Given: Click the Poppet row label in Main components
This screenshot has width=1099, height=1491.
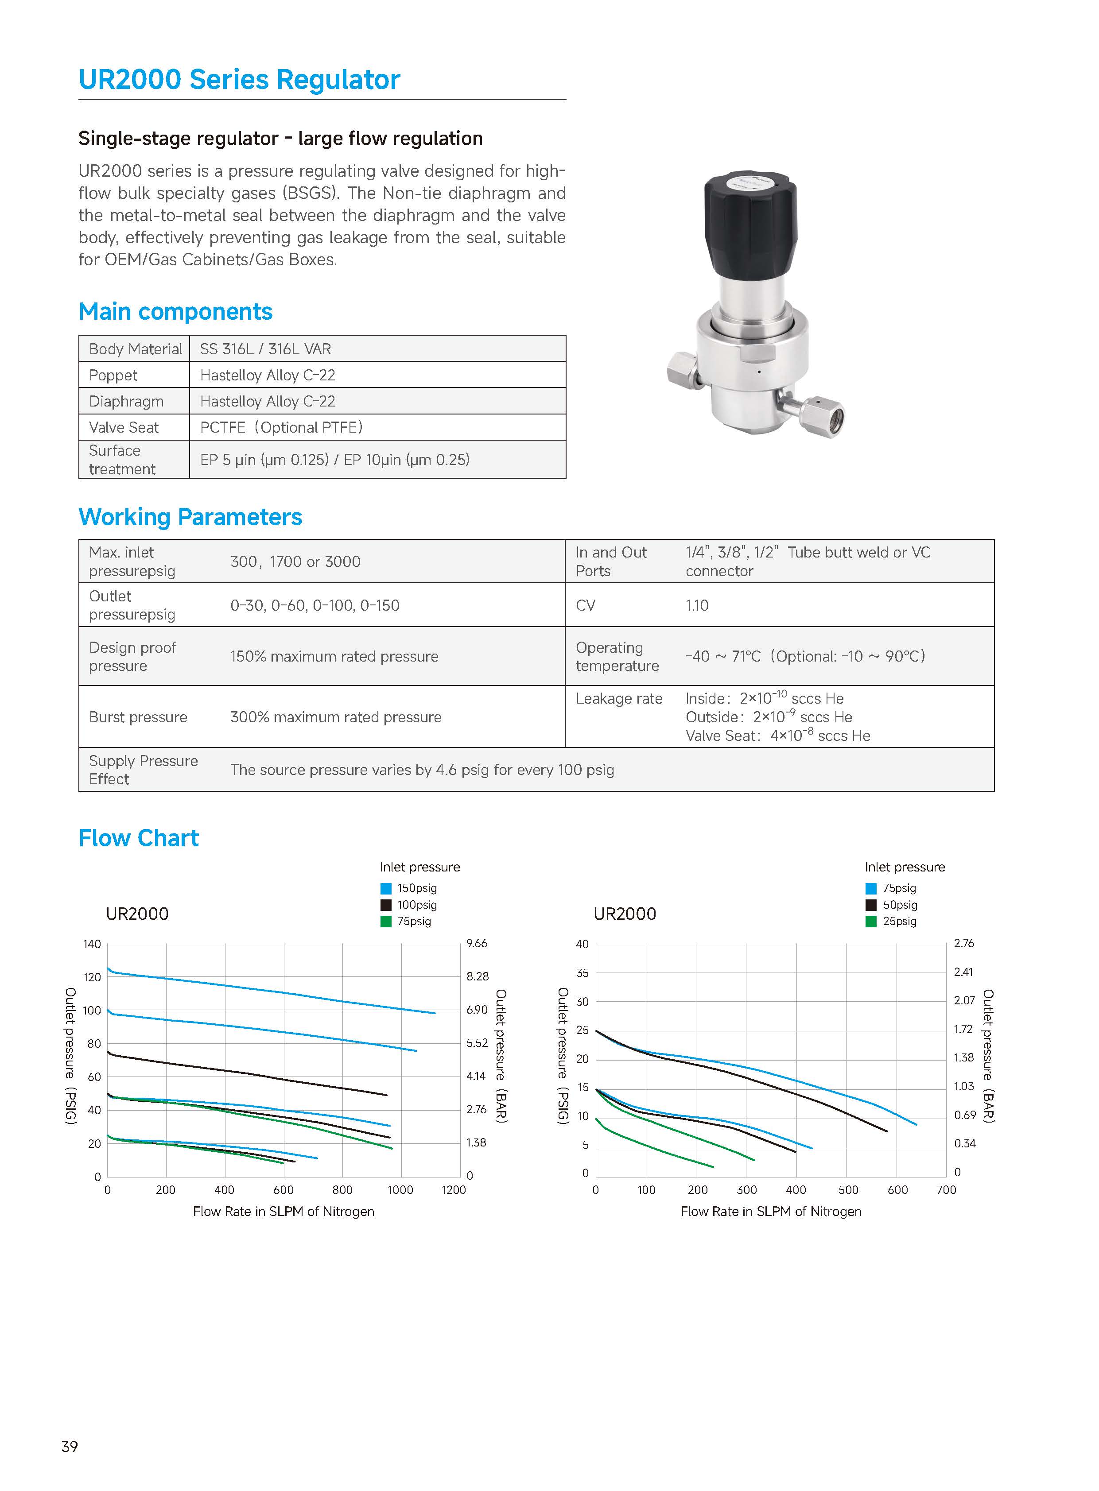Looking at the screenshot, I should (113, 375).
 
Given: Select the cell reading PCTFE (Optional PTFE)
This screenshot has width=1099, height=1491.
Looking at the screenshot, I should (281, 427).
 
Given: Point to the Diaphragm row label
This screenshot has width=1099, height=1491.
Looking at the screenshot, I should (126, 401).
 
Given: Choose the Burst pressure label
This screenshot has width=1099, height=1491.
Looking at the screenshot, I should (138, 717).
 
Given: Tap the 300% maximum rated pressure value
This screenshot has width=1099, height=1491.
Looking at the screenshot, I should (335, 717).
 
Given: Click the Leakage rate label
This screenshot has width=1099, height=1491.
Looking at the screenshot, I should (619, 698).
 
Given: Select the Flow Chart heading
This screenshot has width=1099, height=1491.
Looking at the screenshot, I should (138, 838).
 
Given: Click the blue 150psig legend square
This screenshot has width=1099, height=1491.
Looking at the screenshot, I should (386, 888).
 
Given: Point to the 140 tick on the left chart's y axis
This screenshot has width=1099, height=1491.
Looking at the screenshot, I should (92, 944).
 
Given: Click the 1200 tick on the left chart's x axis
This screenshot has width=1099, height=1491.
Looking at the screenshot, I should (454, 1190).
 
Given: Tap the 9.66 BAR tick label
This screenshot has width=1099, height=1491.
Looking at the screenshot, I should (477, 943).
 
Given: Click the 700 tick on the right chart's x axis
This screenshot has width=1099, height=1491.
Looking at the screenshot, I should (946, 1190).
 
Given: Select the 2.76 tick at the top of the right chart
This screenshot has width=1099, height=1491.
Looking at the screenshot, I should (963, 943).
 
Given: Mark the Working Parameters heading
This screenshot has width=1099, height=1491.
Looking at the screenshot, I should (190, 517).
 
